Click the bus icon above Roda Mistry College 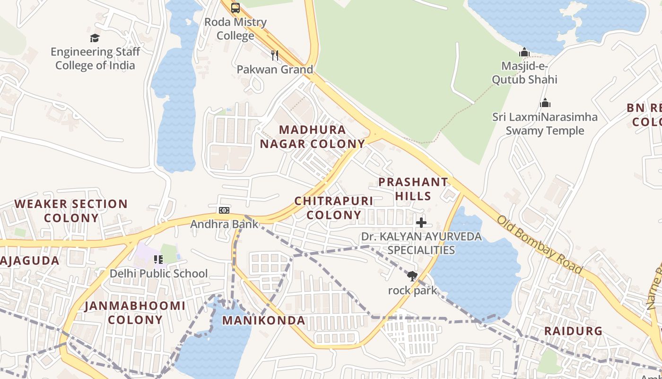[x=235, y=8]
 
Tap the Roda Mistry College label [x=235, y=29]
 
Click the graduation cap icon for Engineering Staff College [x=95, y=38]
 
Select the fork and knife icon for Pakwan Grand [x=275, y=55]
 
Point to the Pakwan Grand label [x=275, y=70]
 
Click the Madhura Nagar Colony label [x=313, y=137]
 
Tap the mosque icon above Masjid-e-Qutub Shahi [x=524, y=52]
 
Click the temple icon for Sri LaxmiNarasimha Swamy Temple [x=545, y=103]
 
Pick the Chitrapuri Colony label [x=334, y=208]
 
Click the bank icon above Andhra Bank [x=224, y=210]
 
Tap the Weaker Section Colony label [x=71, y=211]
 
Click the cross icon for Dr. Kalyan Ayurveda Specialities [x=421, y=222]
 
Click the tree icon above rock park [x=412, y=276]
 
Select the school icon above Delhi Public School [x=158, y=259]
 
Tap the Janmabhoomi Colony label [x=135, y=313]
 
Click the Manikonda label [x=263, y=321]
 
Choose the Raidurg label [x=573, y=331]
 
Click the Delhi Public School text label [x=158, y=274]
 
